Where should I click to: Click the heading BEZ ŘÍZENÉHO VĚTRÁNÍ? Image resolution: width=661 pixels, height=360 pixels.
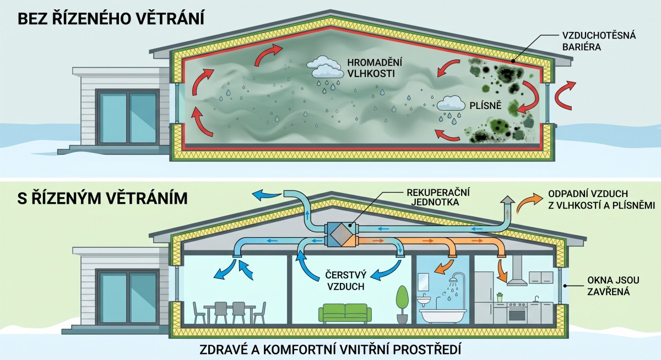(x=111, y=19)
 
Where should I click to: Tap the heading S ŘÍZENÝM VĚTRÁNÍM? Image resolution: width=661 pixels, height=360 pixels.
(x=102, y=197)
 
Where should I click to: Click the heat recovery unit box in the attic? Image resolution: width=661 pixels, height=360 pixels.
(x=343, y=233)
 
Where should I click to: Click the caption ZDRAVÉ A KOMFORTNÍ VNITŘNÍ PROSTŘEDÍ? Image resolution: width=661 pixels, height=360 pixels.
(x=331, y=349)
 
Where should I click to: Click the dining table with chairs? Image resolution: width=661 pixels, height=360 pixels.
(x=230, y=312)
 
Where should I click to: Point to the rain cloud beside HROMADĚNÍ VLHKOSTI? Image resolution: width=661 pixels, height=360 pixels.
(x=324, y=68)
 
